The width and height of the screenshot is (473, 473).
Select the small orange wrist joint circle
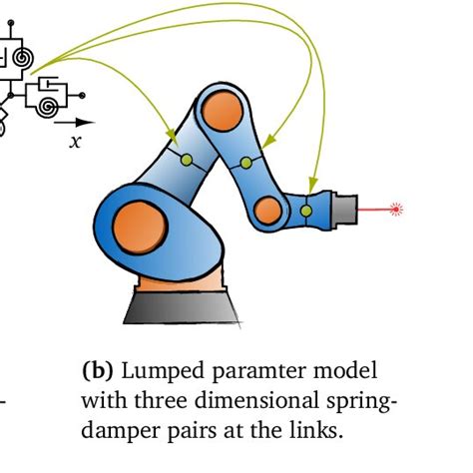click(266, 210)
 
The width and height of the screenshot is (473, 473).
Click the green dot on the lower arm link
click(185, 159)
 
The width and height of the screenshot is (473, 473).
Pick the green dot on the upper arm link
click(246, 163)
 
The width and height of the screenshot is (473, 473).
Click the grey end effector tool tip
click(341, 210)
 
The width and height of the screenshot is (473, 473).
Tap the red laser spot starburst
click(396, 209)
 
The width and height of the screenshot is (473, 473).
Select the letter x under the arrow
click(75, 142)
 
